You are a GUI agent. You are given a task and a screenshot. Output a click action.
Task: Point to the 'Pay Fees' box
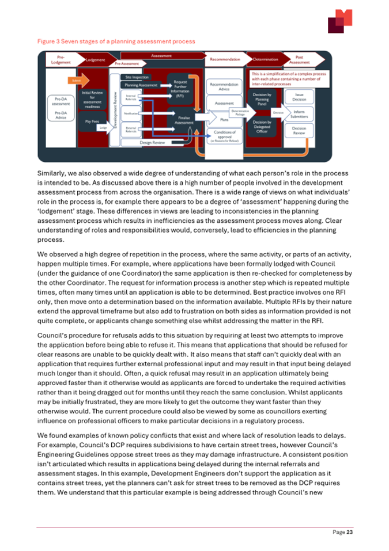coord(91,122)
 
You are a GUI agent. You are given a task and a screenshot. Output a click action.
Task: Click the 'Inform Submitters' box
coord(299,114)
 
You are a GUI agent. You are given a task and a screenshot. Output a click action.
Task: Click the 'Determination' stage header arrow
coord(265,59)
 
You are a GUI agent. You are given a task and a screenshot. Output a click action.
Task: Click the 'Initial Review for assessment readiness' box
coord(92,100)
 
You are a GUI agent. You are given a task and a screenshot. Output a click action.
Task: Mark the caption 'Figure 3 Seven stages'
coord(116,41)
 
